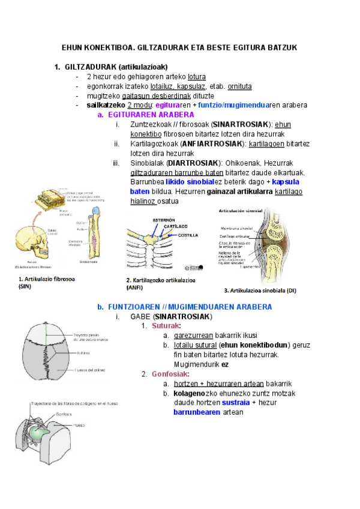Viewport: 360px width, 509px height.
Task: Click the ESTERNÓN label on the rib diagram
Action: pos(163,220)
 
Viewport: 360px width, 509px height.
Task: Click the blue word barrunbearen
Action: pos(197,412)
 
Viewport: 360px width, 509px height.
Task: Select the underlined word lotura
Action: pos(197,77)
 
